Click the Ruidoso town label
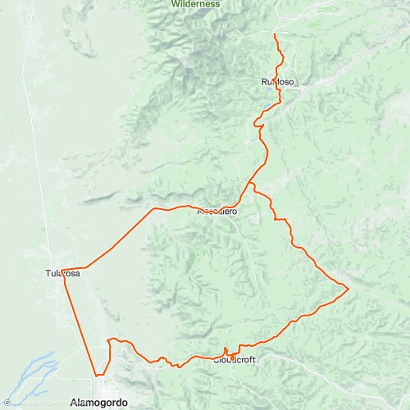click(x=277, y=82)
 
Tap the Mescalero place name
click(x=217, y=212)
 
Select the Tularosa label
click(x=62, y=273)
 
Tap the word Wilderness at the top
click(x=196, y=4)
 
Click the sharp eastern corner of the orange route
click(x=349, y=289)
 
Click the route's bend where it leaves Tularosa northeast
click(x=84, y=267)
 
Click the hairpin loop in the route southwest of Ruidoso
click(x=257, y=125)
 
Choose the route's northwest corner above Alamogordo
click(x=109, y=339)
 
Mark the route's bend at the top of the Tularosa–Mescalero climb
click(x=153, y=209)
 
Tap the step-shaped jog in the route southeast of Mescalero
click(x=279, y=219)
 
